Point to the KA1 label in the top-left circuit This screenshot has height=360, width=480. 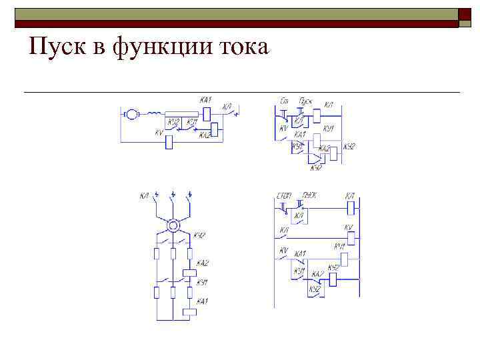[x=205, y=100]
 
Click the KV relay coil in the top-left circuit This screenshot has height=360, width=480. [x=169, y=141]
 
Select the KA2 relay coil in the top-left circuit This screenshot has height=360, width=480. [x=214, y=128]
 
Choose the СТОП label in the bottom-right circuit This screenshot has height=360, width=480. [x=285, y=195]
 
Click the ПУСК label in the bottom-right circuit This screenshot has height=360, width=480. [x=309, y=195]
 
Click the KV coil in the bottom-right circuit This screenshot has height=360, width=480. [x=348, y=236]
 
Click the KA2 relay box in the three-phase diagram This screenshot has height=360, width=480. [x=189, y=273]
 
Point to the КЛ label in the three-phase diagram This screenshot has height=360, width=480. [x=144, y=195]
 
